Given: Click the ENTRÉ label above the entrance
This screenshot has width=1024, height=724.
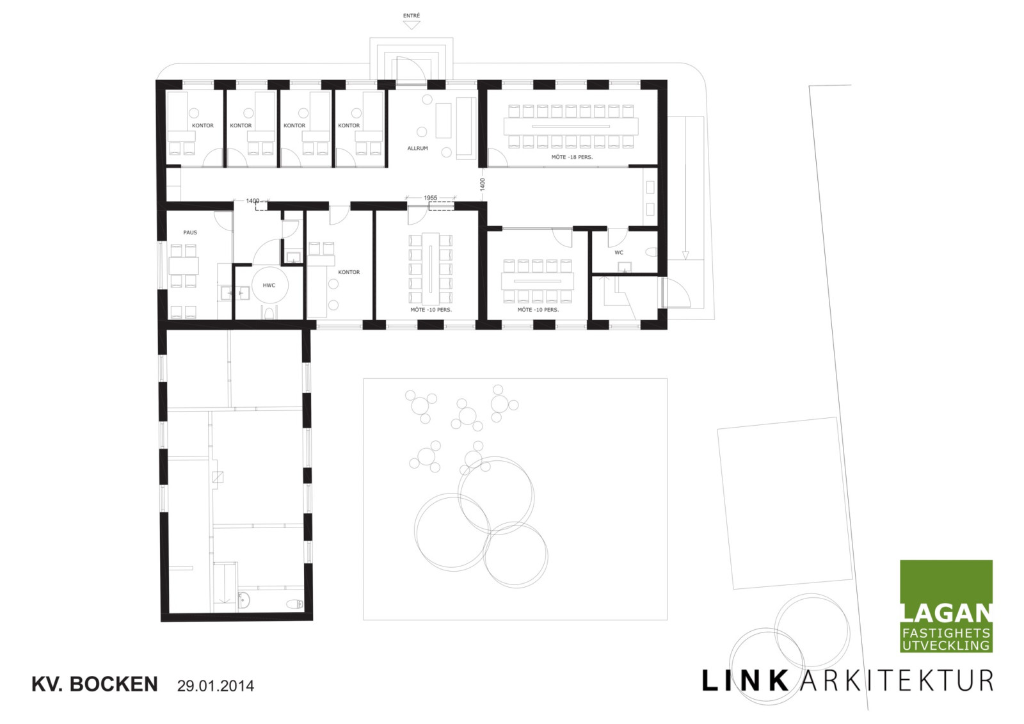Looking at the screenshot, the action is [x=411, y=15].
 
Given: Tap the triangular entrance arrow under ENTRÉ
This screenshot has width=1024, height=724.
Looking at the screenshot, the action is [x=412, y=25].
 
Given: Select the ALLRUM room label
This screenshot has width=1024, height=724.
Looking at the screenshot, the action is [x=417, y=148].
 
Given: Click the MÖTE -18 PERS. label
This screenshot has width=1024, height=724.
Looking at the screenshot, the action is [x=572, y=157].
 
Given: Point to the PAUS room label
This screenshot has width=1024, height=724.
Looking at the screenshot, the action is [x=190, y=232].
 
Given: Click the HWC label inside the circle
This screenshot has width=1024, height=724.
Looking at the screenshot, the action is [x=269, y=286].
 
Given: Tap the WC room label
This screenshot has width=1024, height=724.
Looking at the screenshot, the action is [x=618, y=252].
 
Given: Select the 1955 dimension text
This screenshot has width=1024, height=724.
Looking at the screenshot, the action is [x=430, y=198].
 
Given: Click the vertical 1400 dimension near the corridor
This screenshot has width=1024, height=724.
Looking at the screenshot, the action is [x=483, y=184].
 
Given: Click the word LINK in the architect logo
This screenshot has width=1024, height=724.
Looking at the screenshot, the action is [x=745, y=681].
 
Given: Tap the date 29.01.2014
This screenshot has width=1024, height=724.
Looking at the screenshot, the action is [x=215, y=686].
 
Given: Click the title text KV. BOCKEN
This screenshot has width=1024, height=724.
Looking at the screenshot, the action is [x=95, y=684].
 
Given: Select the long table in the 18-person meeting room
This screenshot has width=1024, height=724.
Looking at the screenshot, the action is [x=571, y=126].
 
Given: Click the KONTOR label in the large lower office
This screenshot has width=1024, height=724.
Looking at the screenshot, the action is [x=349, y=272].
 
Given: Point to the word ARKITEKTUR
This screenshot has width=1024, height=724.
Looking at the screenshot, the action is [x=897, y=681].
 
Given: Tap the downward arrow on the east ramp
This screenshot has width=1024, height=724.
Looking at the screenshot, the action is [x=685, y=255].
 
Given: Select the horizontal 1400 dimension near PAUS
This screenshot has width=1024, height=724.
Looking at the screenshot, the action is [x=252, y=201].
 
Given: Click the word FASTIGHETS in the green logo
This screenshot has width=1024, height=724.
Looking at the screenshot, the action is [x=947, y=634].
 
